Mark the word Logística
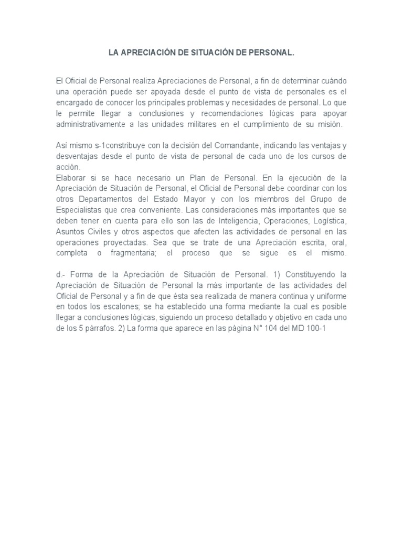pos(331,222)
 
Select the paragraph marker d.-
pos(60,274)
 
